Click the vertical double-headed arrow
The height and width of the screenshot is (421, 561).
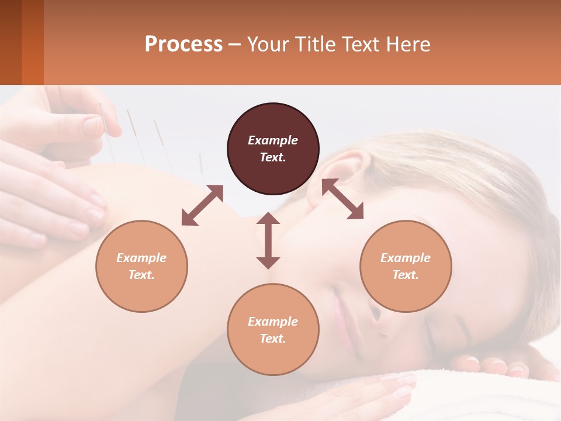click(268, 240)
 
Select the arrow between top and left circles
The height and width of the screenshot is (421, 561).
click(202, 205)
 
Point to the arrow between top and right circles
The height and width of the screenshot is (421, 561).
click(342, 199)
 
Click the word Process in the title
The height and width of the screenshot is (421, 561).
click(183, 44)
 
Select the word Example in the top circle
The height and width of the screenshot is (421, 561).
click(273, 140)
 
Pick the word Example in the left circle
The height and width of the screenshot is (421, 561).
click(141, 258)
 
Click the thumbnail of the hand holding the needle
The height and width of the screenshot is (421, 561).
click(92, 125)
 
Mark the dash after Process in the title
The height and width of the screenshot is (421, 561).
click(235, 45)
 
